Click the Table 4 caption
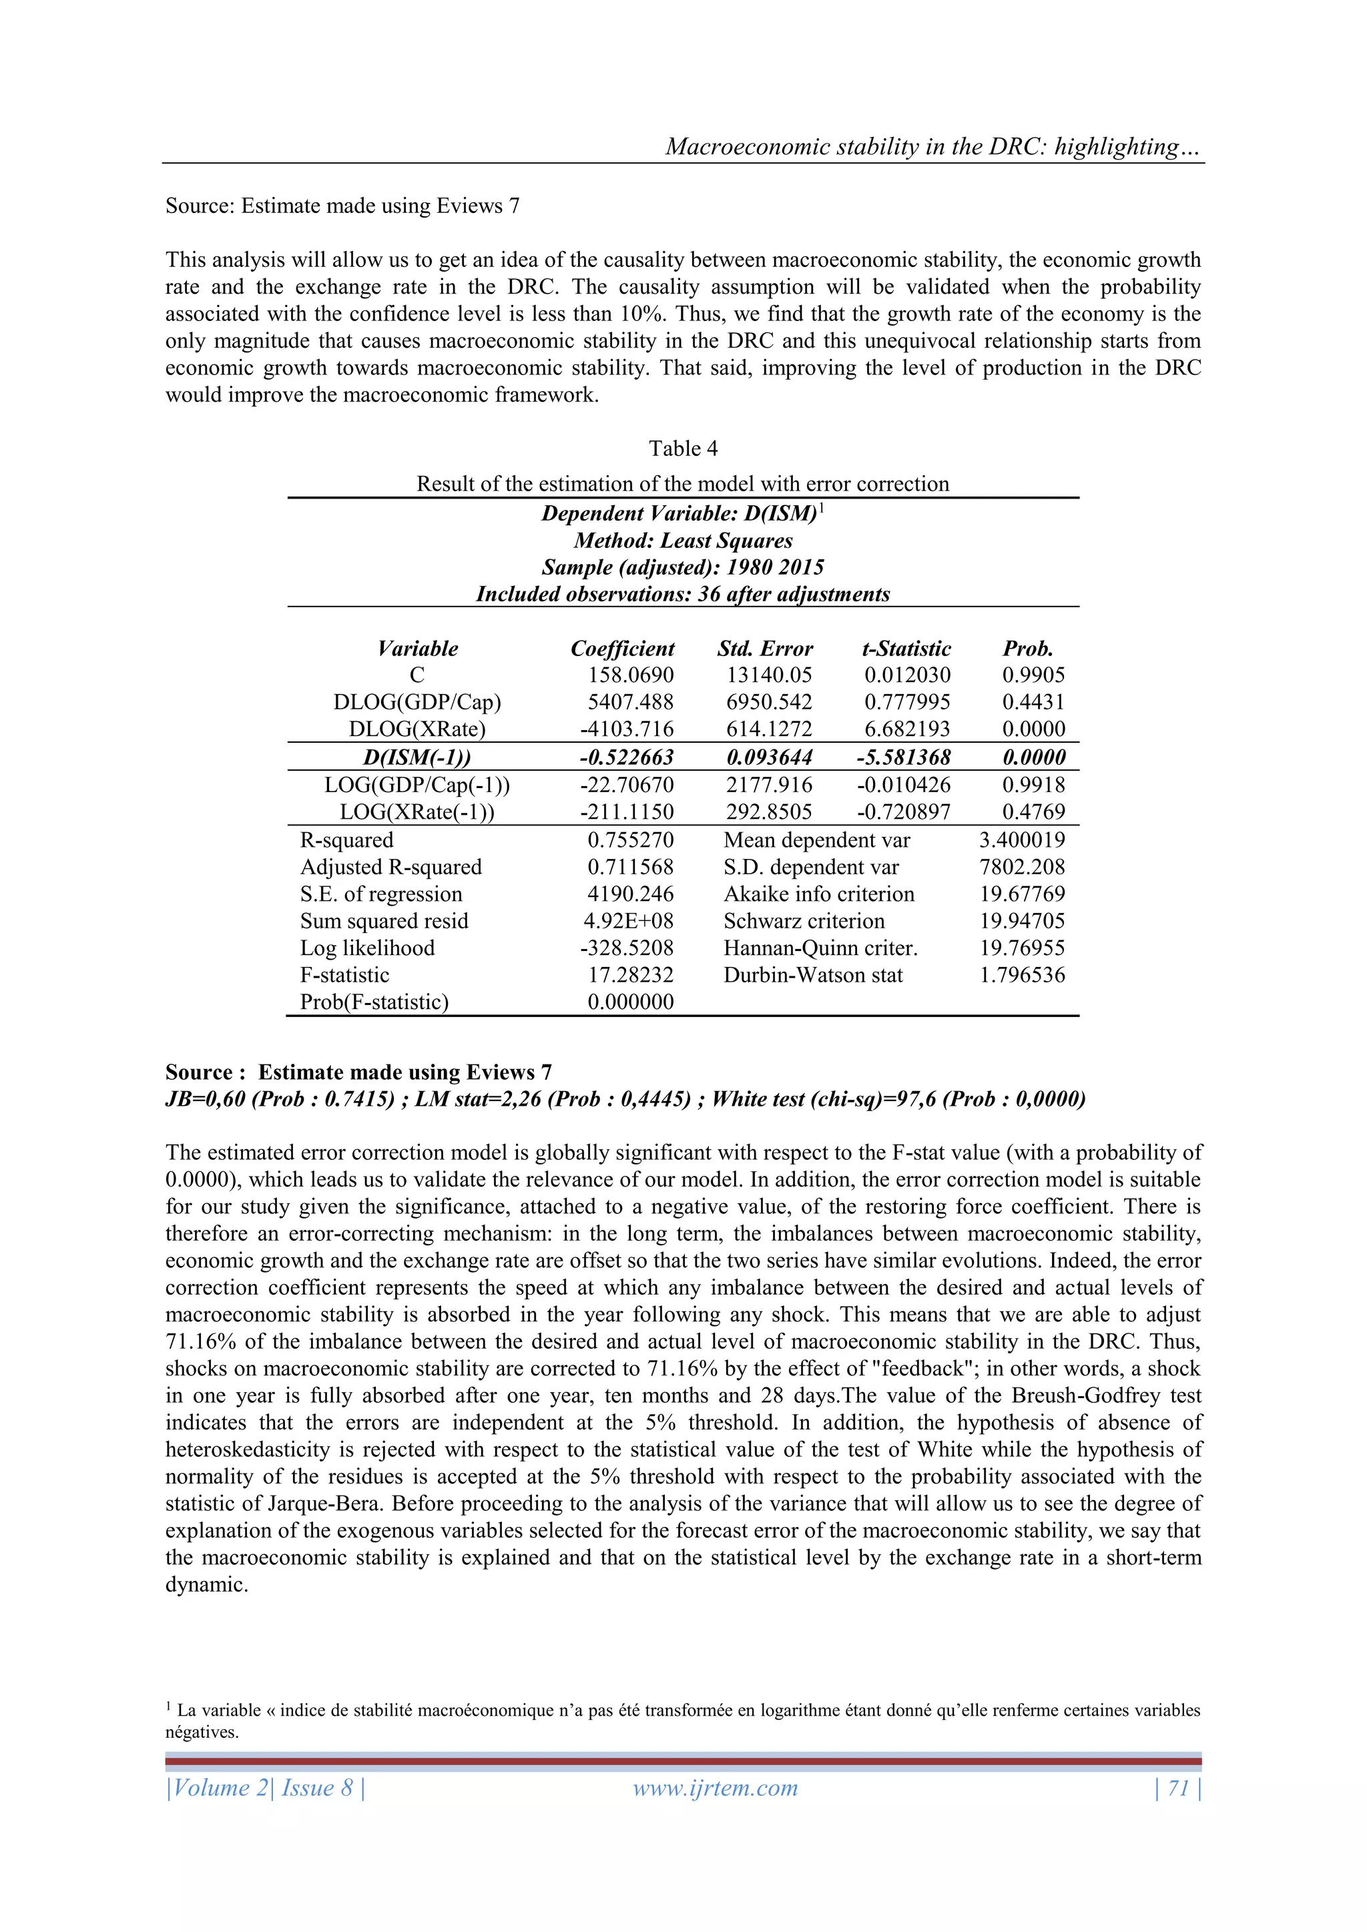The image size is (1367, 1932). (x=683, y=448)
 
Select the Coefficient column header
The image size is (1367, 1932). (x=622, y=649)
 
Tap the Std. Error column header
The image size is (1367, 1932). (x=764, y=649)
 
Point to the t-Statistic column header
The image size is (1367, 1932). (x=906, y=649)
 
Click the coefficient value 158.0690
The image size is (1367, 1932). (x=631, y=675)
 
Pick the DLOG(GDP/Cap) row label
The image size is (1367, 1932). (x=417, y=703)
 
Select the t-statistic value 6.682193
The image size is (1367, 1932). (x=906, y=729)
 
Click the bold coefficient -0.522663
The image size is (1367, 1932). (x=626, y=757)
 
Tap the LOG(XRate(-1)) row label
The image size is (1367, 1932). (x=417, y=812)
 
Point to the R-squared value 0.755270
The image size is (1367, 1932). (x=631, y=840)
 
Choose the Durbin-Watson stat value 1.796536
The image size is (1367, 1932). (x=1022, y=975)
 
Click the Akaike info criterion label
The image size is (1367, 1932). (x=818, y=894)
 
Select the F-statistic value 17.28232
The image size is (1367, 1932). (x=631, y=975)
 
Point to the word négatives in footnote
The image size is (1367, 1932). (x=202, y=1732)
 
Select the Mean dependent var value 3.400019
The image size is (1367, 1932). (x=1022, y=840)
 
